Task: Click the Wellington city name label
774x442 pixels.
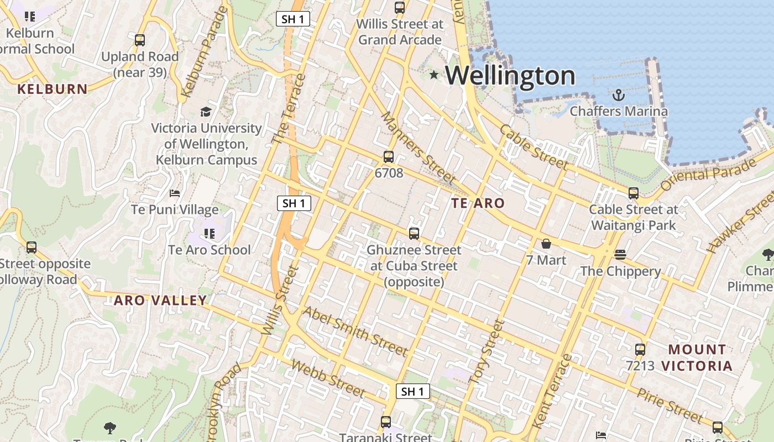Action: tap(510, 75)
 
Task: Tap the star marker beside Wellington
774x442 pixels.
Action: tap(434, 75)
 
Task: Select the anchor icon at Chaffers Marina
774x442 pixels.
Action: tap(619, 96)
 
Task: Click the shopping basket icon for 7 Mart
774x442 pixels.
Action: tap(546, 244)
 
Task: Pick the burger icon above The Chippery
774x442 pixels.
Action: tap(620, 255)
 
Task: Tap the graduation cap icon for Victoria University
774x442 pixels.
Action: tap(206, 112)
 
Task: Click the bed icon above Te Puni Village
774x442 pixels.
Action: tap(175, 193)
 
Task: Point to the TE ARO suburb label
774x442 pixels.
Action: tap(478, 203)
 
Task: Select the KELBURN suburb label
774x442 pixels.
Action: tap(53, 89)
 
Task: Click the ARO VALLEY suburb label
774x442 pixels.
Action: tap(160, 301)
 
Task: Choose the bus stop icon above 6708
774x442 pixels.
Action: tap(389, 157)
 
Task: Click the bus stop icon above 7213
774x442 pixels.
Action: tap(640, 349)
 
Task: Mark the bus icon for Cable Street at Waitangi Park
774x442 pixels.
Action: tap(634, 193)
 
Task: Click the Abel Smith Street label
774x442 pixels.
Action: tap(355, 330)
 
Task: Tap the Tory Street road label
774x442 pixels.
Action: tap(487, 351)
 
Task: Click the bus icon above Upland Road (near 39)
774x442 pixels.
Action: tap(140, 40)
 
